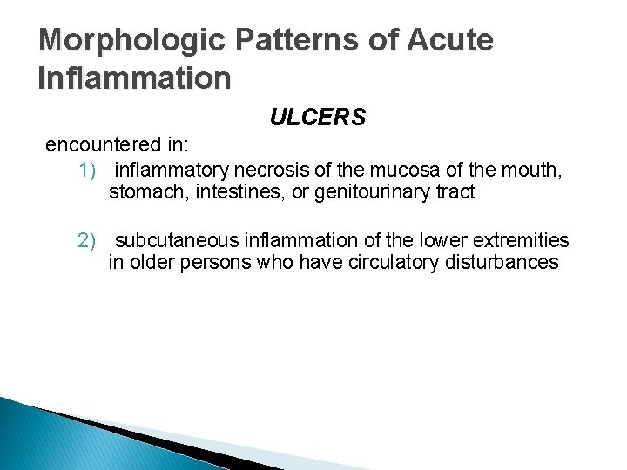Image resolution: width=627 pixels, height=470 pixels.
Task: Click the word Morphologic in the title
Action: pos(119,40)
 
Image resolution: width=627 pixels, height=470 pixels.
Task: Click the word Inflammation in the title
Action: pos(135,78)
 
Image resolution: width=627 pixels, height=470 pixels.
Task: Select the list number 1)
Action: pos(90,169)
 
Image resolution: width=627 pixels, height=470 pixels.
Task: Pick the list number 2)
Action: pos(90,238)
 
